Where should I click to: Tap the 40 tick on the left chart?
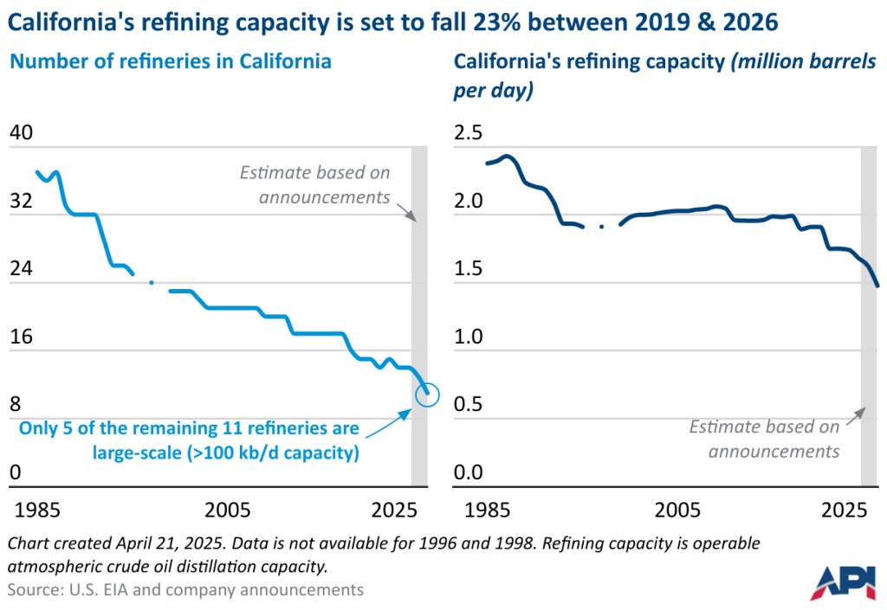(21, 133)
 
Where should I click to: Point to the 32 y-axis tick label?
(21, 202)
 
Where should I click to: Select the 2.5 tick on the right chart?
(473, 133)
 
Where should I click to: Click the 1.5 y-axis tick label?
(473, 269)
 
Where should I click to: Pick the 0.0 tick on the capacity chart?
(473, 472)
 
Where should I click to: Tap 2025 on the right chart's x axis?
(845, 508)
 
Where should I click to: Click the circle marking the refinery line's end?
(428, 395)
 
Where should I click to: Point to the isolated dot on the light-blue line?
(152, 282)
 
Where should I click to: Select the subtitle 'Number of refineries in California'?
(170, 62)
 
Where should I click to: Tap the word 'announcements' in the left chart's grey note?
(325, 196)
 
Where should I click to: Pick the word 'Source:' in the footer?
(34, 589)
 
